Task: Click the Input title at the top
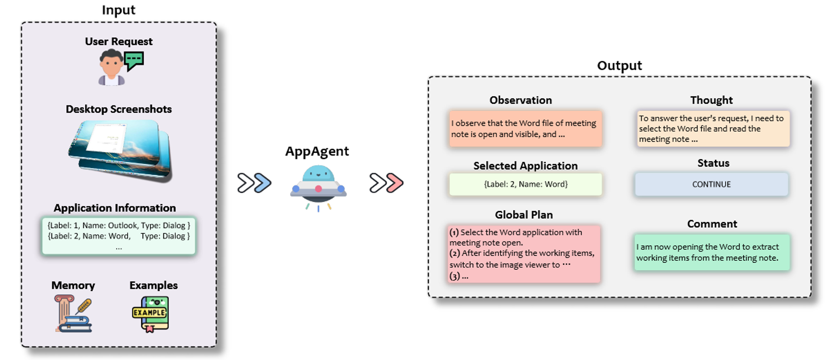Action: pyautogui.click(x=119, y=10)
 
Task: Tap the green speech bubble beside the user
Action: pyautogui.click(x=134, y=61)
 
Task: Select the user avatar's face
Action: pyautogui.click(x=111, y=65)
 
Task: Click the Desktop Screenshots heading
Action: pyautogui.click(x=119, y=109)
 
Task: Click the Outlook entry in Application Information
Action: pyautogui.click(x=119, y=225)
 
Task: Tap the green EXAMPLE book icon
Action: pyautogui.click(x=150, y=313)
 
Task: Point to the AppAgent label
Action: pyautogui.click(x=317, y=151)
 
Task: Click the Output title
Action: pyautogui.click(x=619, y=66)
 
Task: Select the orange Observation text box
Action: pyautogui.click(x=525, y=129)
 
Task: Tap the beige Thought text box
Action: pyautogui.click(x=713, y=129)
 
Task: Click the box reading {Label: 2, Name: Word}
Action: pyautogui.click(x=525, y=184)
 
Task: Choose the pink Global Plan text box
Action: pyautogui.click(x=524, y=254)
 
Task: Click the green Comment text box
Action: pyautogui.click(x=712, y=252)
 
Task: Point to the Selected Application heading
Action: pyautogui.click(x=525, y=166)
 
